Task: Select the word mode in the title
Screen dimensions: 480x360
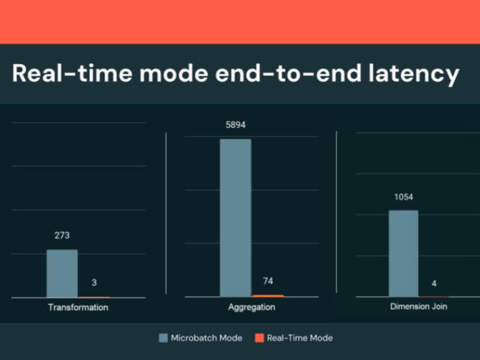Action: tap(173, 73)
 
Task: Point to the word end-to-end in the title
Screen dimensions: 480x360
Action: tap(288, 73)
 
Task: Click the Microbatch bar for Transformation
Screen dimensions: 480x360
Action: tap(62, 274)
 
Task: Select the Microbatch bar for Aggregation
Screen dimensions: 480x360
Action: tap(236, 218)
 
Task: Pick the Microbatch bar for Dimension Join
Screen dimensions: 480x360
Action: tap(403, 253)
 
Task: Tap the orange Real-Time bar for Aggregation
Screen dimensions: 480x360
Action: tap(268, 296)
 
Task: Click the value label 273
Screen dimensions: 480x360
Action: tap(62, 235)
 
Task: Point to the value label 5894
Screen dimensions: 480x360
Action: tap(236, 125)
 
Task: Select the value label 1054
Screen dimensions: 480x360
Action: tap(403, 197)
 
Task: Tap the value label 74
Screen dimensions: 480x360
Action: tap(268, 281)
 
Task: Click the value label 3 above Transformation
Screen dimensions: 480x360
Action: tap(94, 283)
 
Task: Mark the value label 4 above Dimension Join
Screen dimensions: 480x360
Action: tap(434, 284)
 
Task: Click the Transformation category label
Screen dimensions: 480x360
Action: tap(78, 307)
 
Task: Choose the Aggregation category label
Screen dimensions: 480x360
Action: tap(251, 307)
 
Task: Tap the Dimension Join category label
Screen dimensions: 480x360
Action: tap(418, 307)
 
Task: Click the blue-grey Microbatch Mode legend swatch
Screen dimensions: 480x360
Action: tap(163, 338)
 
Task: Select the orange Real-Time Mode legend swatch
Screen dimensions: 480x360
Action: tap(260, 338)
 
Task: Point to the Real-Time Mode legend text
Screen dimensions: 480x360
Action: tap(299, 338)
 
